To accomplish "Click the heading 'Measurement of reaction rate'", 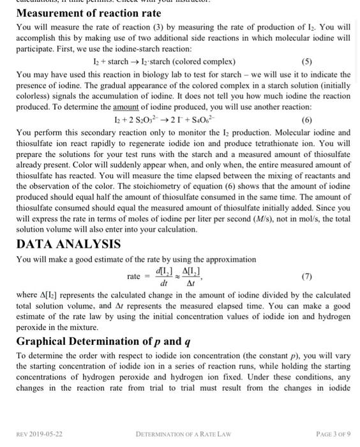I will point(89,13).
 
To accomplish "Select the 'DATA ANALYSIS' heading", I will point(68,244).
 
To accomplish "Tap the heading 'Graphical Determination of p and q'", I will point(103,341).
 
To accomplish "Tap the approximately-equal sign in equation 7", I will point(180,277).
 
